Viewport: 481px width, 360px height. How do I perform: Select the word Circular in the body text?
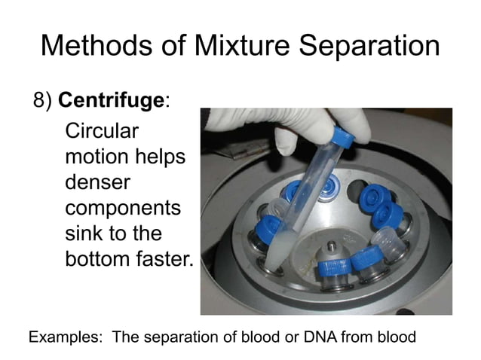tap(103, 130)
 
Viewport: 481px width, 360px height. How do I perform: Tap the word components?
tap(123, 209)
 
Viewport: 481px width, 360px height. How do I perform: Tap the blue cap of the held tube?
tap(343, 138)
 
